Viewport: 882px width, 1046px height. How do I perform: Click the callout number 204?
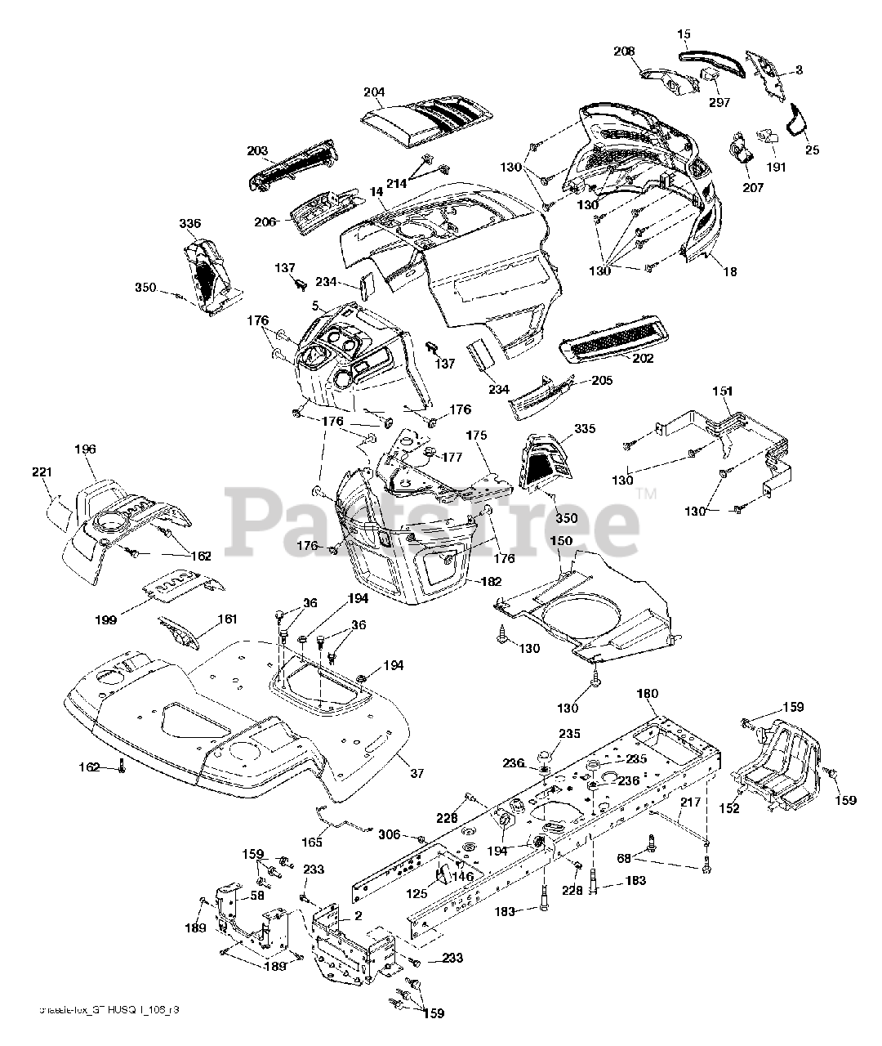[374, 92]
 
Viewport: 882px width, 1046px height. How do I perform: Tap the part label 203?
[257, 151]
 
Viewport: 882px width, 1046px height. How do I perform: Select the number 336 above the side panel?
[190, 223]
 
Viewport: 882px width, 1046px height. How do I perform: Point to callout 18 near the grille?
[729, 272]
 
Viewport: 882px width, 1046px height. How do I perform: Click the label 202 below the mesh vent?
[644, 358]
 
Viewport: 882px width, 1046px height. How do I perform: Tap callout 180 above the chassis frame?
[647, 695]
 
